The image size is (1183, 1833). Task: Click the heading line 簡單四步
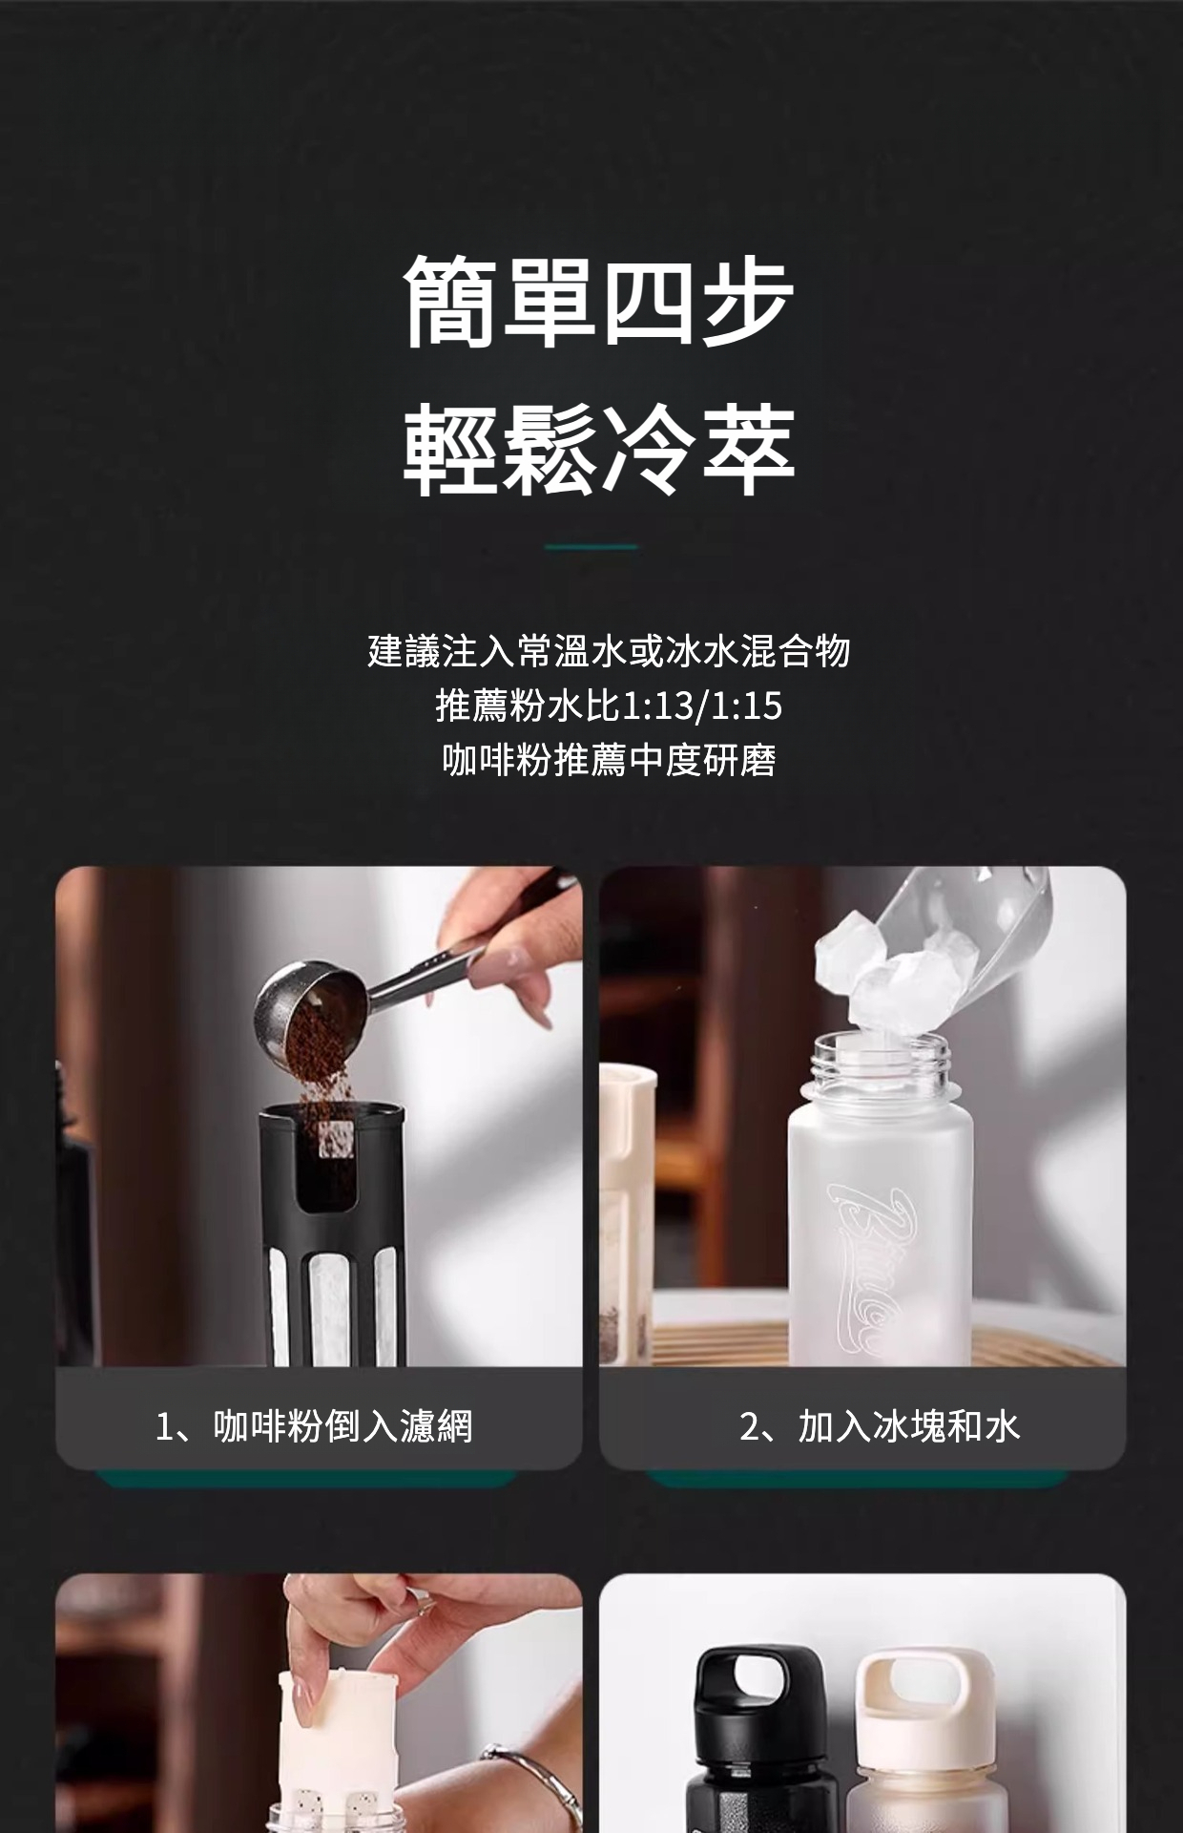598,300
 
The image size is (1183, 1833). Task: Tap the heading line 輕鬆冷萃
598,450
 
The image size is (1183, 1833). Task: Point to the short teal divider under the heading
591,547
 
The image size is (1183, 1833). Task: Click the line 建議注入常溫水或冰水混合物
609,651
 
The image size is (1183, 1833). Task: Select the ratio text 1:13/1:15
701,706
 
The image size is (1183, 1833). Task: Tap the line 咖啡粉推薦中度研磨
609,761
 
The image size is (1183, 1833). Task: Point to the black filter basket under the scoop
333,1234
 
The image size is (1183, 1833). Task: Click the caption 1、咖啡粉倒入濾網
314,1426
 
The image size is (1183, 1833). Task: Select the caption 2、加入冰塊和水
880,1426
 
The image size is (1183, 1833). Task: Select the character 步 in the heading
747,300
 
